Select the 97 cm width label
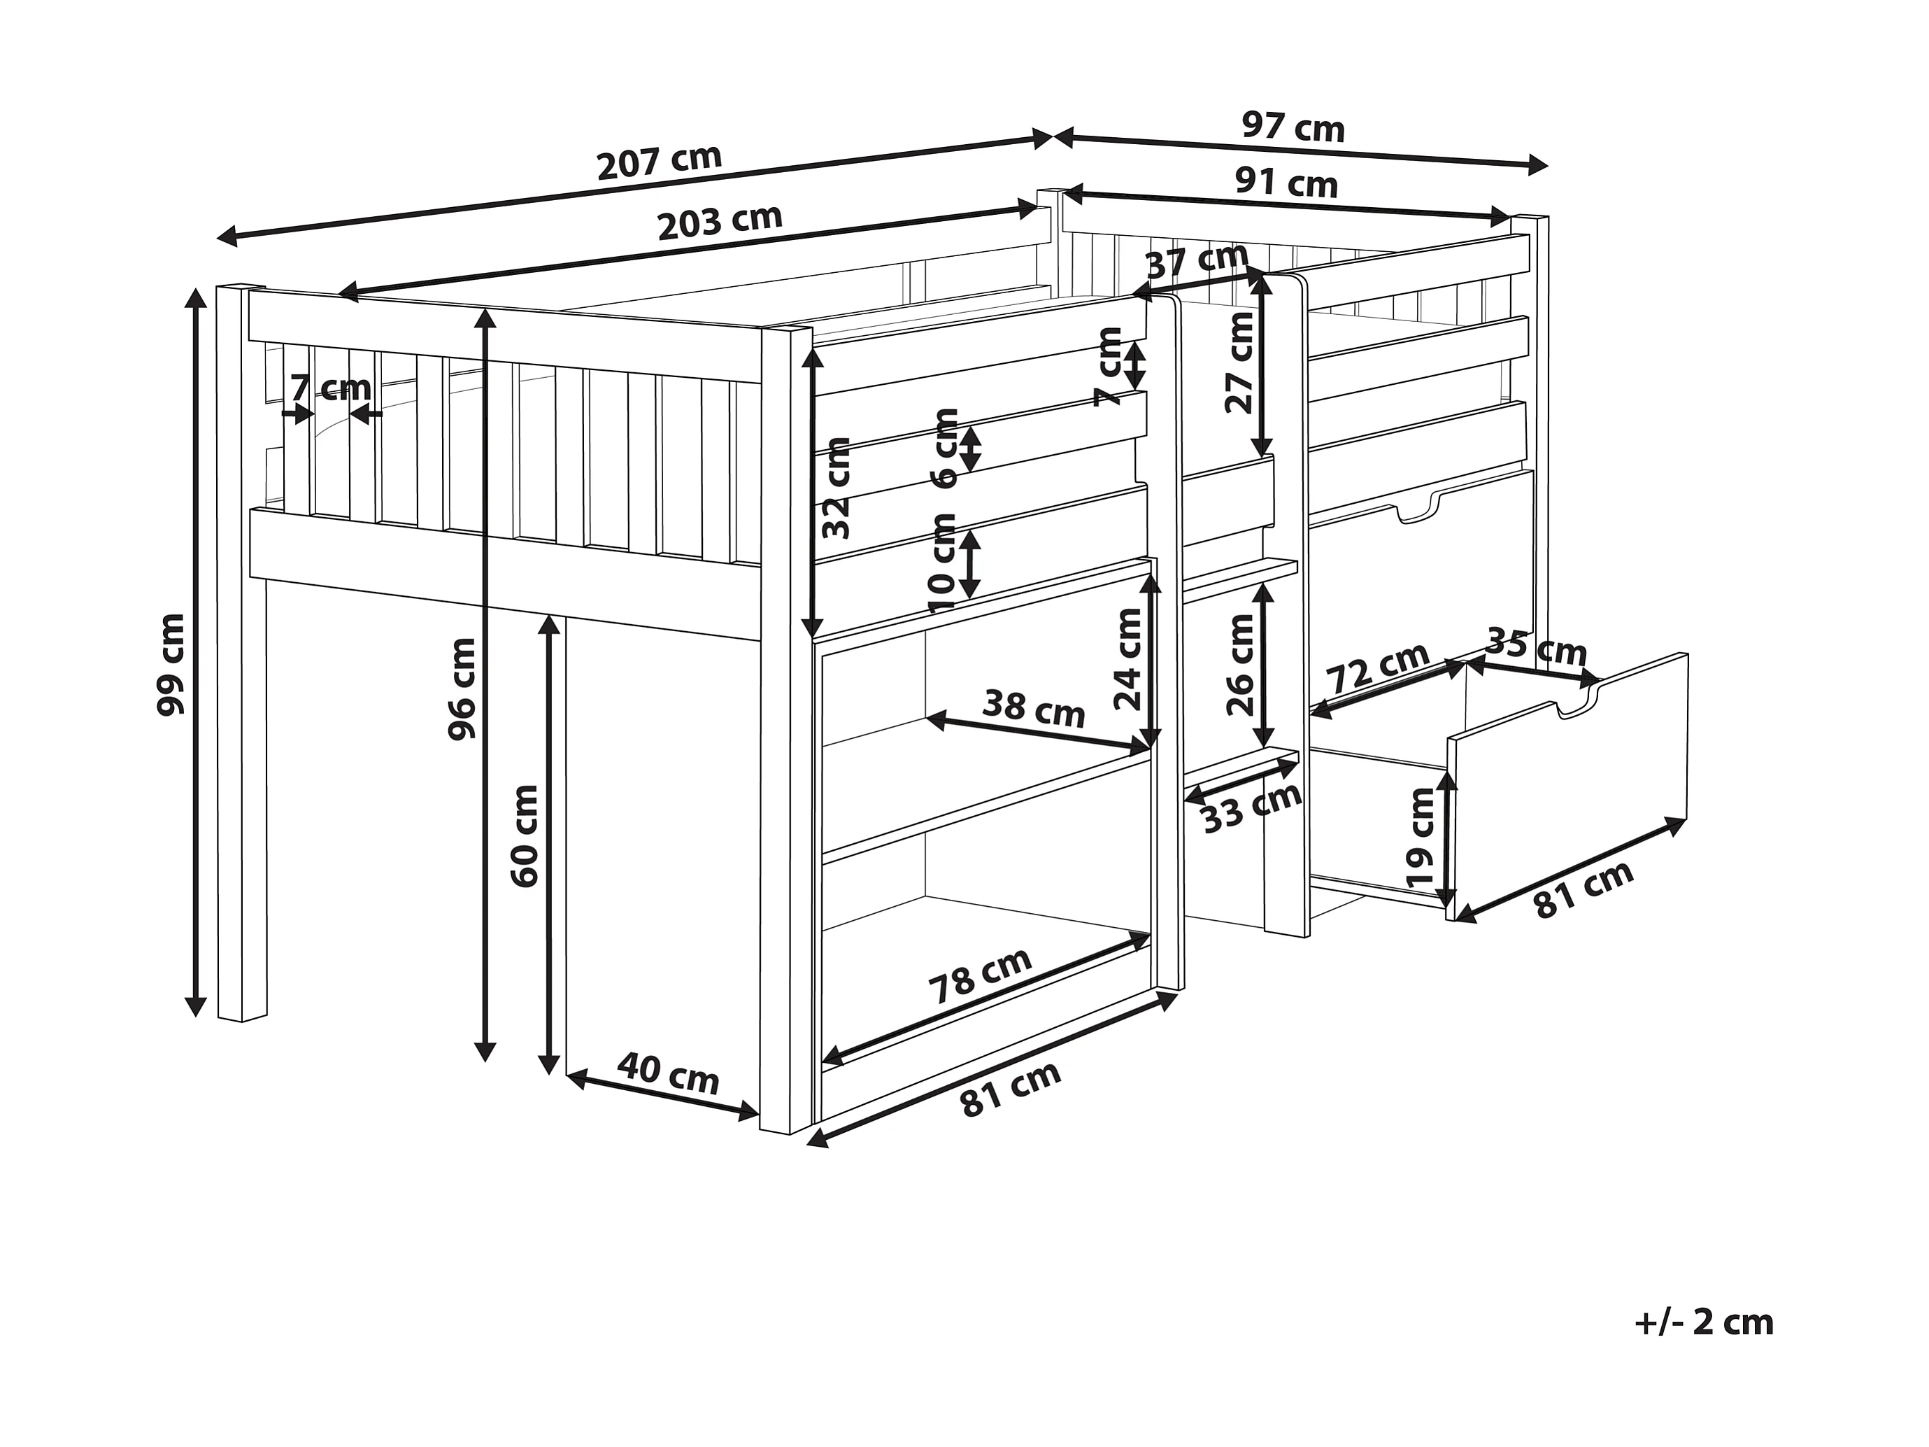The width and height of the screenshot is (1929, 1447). click(1293, 127)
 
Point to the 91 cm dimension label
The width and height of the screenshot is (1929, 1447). click(1286, 183)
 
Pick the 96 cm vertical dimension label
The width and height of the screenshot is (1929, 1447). click(462, 689)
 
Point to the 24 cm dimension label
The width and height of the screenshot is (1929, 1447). click(1128, 658)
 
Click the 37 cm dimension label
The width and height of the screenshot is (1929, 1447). click(1197, 262)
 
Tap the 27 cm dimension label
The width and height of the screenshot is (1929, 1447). click(1239, 362)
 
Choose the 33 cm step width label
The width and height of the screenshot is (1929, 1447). click(1252, 807)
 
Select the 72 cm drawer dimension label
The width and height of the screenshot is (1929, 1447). click(1377, 668)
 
